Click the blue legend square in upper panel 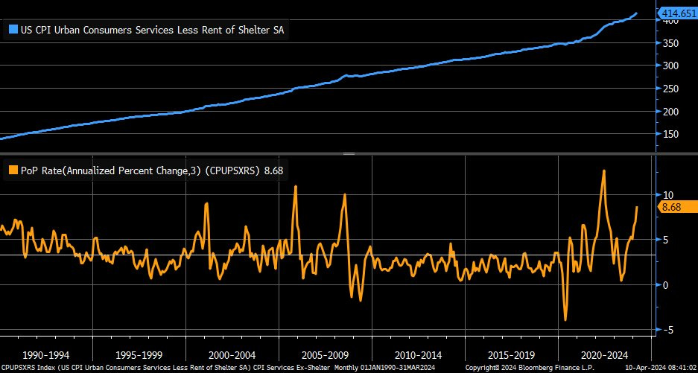tap(12, 31)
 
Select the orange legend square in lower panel tap(12, 170)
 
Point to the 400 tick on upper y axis tap(670, 21)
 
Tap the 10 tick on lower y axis tap(667, 194)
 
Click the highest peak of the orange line tap(603, 170)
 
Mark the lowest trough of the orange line tap(565, 320)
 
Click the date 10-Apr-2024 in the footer tap(643, 368)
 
